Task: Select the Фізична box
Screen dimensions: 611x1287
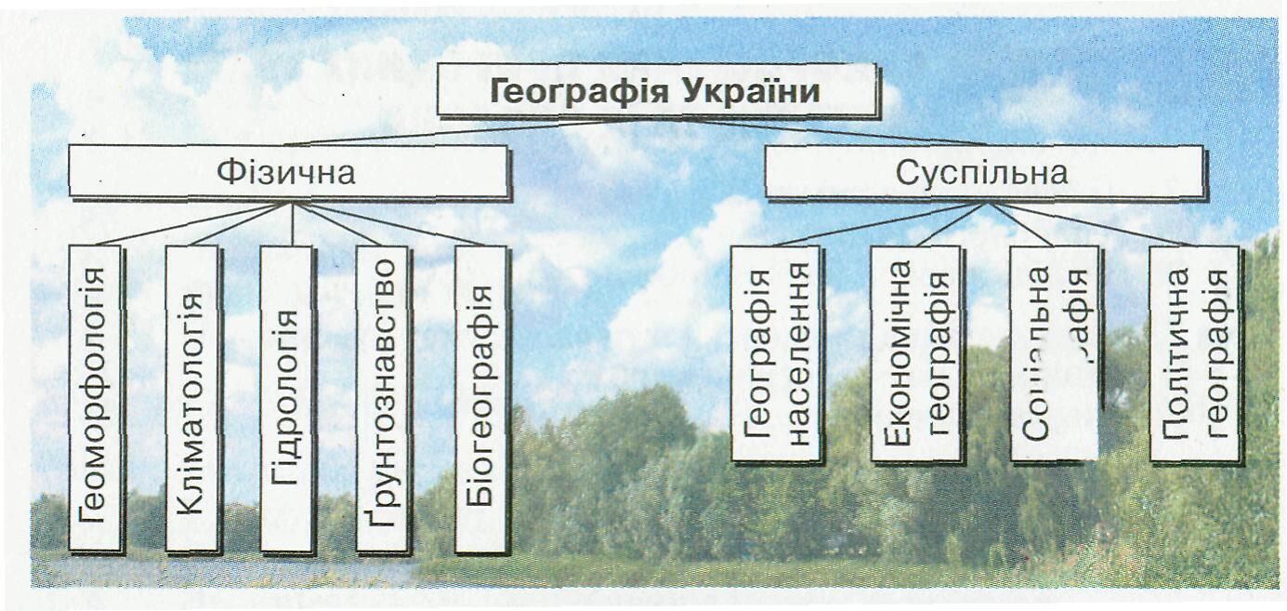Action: pyautogui.click(x=288, y=172)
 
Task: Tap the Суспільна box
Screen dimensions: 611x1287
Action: pyautogui.click(x=983, y=172)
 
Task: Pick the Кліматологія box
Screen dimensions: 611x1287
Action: pyautogui.click(x=191, y=398)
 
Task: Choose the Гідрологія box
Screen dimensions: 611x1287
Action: pyautogui.click(x=287, y=398)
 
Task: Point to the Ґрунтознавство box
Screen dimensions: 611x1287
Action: pyautogui.click(x=382, y=398)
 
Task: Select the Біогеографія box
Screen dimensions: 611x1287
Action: pyautogui.click(x=480, y=398)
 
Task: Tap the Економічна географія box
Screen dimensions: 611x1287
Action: pyautogui.click(x=914, y=353)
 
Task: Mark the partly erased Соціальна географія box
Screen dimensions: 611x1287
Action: pyautogui.click(x=1054, y=353)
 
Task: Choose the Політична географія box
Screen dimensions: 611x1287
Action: pyautogui.click(x=1194, y=353)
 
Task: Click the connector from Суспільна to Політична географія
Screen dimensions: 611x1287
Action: pyautogui.click(x=1097, y=226)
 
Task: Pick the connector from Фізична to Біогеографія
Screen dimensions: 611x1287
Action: pyautogui.click(x=390, y=224)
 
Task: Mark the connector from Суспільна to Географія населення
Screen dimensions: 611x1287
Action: pyautogui.click(x=873, y=226)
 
